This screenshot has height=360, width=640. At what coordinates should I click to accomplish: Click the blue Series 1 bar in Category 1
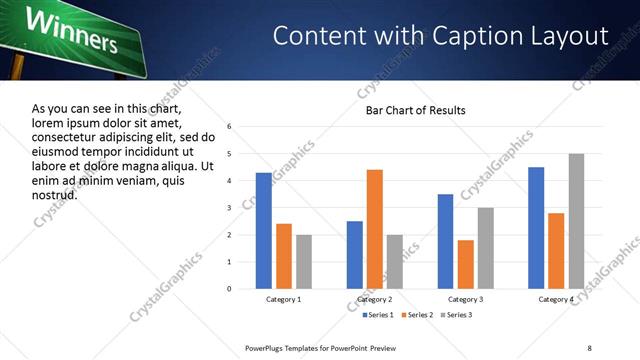pyautogui.click(x=263, y=231)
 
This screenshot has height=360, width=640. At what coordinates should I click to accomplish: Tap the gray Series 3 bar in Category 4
pyautogui.click(x=576, y=221)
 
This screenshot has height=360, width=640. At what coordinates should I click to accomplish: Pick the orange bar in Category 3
pyautogui.click(x=465, y=264)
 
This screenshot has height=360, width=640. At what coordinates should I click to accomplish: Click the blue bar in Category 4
pyautogui.click(x=536, y=228)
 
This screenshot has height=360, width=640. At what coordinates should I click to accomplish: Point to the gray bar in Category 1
pyautogui.click(x=304, y=262)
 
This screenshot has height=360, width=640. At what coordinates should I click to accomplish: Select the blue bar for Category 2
pyautogui.click(x=354, y=255)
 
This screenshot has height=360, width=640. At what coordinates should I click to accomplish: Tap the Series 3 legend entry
pyautogui.click(x=457, y=315)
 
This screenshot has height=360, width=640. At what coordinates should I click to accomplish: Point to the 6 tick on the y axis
pyautogui.click(x=230, y=127)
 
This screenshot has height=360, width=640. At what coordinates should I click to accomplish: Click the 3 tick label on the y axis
pyautogui.click(x=230, y=208)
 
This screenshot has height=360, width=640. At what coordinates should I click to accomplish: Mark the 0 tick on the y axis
pyautogui.click(x=230, y=289)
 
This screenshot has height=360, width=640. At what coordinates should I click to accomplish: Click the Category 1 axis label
pyautogui.click(x=283, y=300)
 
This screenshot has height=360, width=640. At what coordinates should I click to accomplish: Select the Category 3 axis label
pyautogui.click(x=465, y=300)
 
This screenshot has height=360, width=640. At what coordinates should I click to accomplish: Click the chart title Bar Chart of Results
pyautogui.click(x=415, y=109)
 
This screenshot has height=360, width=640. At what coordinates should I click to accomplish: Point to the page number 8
pyautogui.click(x=589, y=347)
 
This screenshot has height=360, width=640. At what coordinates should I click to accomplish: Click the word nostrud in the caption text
pyautogui.click(x=55, y=193)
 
